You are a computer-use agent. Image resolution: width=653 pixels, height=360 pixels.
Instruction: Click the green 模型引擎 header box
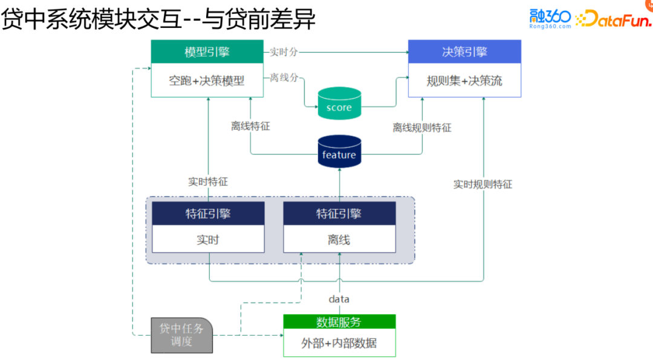pos(207,52)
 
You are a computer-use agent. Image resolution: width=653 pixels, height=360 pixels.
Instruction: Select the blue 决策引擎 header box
pos(464,52)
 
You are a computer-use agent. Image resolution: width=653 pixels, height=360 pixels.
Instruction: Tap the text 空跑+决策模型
pos(207,80)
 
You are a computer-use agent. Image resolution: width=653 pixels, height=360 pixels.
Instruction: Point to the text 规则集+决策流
pos(464,80)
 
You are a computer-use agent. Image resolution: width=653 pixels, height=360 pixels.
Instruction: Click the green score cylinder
pos(339,103)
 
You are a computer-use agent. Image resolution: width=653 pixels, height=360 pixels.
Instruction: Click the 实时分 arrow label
pos(284,52)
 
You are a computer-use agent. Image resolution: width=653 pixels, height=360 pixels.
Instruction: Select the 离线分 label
pos(284,77)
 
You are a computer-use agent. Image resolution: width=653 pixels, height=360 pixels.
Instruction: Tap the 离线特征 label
pos(250,126)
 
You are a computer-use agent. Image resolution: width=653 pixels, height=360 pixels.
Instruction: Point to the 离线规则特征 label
pos(421,128)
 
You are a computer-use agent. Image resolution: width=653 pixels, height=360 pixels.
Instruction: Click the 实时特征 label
pos(207,182)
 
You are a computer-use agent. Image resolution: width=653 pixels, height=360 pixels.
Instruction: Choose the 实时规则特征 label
pos(482,185)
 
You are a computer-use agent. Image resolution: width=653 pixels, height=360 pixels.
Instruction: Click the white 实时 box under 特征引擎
pos(208,240)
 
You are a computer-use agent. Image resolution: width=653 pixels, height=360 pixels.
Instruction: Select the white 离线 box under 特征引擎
pos(339,240)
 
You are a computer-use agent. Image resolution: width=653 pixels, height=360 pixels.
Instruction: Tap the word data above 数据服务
pos(339,299)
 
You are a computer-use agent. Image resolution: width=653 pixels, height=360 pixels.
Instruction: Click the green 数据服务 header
pos(339,322)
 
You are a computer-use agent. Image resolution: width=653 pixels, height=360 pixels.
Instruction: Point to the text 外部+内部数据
pos(339,343)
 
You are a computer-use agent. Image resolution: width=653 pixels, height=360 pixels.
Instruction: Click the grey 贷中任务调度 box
pos(181,335)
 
